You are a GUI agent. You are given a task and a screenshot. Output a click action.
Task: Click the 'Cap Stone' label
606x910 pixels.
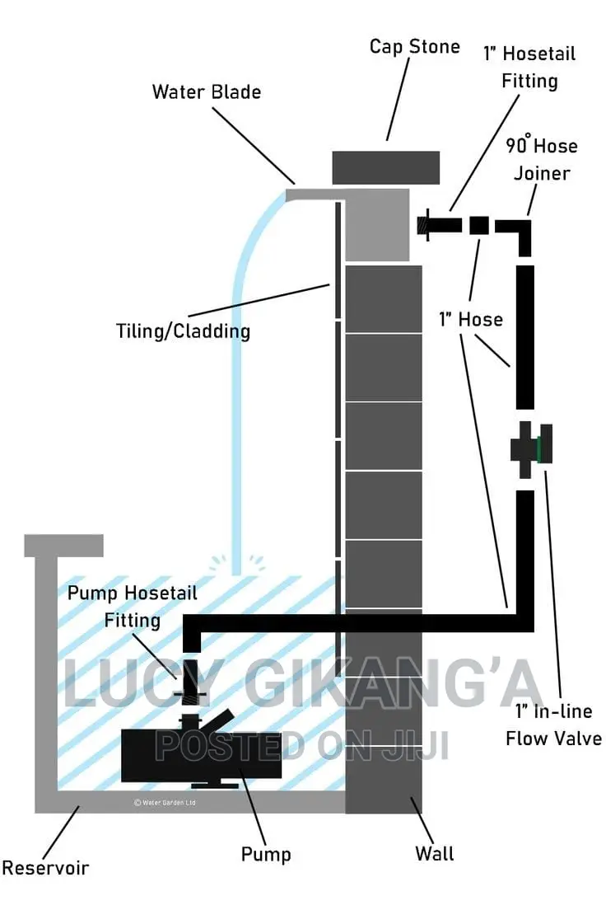[415, 46]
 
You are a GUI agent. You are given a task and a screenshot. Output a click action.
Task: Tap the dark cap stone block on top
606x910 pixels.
[385, 167]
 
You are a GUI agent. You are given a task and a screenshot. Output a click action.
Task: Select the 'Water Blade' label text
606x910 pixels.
[207, 91]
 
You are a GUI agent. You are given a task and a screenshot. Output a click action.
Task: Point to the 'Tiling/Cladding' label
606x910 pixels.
[184, 331]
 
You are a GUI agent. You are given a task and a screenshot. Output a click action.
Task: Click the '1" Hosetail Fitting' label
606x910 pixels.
[529, 68]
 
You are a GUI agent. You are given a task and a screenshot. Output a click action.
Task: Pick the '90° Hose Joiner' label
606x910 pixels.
[542, 159]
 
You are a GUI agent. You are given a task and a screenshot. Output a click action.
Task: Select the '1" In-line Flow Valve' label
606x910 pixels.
[554, 725]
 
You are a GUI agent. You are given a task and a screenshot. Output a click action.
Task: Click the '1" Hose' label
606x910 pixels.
[471, 319]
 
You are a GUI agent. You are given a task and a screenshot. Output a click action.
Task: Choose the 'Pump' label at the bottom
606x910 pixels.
[266, 854]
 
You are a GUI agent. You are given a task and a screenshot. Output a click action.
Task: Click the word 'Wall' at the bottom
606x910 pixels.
[435, 853]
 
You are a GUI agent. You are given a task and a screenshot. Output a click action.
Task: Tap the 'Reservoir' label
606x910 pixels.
[45, 868]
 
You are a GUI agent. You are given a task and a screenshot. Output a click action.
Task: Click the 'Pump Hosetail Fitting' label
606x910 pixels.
[133, 607]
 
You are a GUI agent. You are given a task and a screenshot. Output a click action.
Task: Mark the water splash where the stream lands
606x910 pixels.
[236, 565]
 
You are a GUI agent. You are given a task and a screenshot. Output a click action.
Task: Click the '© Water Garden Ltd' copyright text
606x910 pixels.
[165, 803]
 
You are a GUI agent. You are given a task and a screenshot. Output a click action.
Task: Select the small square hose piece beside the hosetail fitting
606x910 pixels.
[479, 225]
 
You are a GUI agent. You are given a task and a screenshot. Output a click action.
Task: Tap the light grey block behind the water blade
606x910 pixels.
[377, 225]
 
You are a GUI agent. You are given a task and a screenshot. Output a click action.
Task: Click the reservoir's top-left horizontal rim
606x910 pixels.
[63, 546]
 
